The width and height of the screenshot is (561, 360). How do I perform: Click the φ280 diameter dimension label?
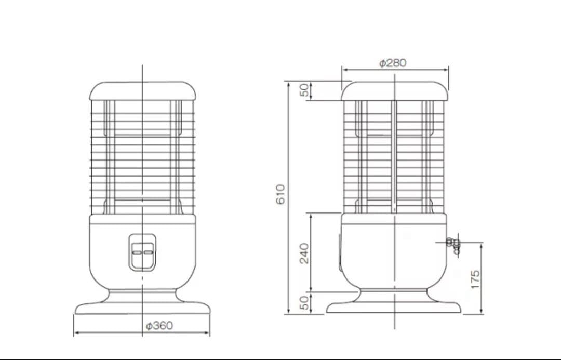393,63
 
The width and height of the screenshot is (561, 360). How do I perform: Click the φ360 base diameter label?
159,326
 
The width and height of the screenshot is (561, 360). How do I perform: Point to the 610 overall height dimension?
280,194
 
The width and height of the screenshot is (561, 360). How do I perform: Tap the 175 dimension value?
475,279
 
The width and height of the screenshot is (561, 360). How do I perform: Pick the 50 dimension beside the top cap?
304,90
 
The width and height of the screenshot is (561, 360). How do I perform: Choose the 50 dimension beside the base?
304,303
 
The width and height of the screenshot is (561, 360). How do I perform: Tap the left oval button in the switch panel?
137,252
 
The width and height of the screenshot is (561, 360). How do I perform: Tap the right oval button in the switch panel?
149,252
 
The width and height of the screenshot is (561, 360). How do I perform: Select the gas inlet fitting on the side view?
453,243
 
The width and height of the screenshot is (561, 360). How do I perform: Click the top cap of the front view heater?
143,90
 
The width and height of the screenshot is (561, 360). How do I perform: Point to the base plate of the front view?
143,308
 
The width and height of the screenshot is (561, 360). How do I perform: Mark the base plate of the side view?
394,308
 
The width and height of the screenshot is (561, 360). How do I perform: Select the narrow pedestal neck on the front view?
143,295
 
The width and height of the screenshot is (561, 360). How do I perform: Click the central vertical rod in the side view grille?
394,156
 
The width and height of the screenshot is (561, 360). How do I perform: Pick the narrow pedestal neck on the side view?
394,295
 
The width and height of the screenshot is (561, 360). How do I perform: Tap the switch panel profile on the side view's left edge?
340,252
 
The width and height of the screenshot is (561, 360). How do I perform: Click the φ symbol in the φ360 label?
149,326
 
